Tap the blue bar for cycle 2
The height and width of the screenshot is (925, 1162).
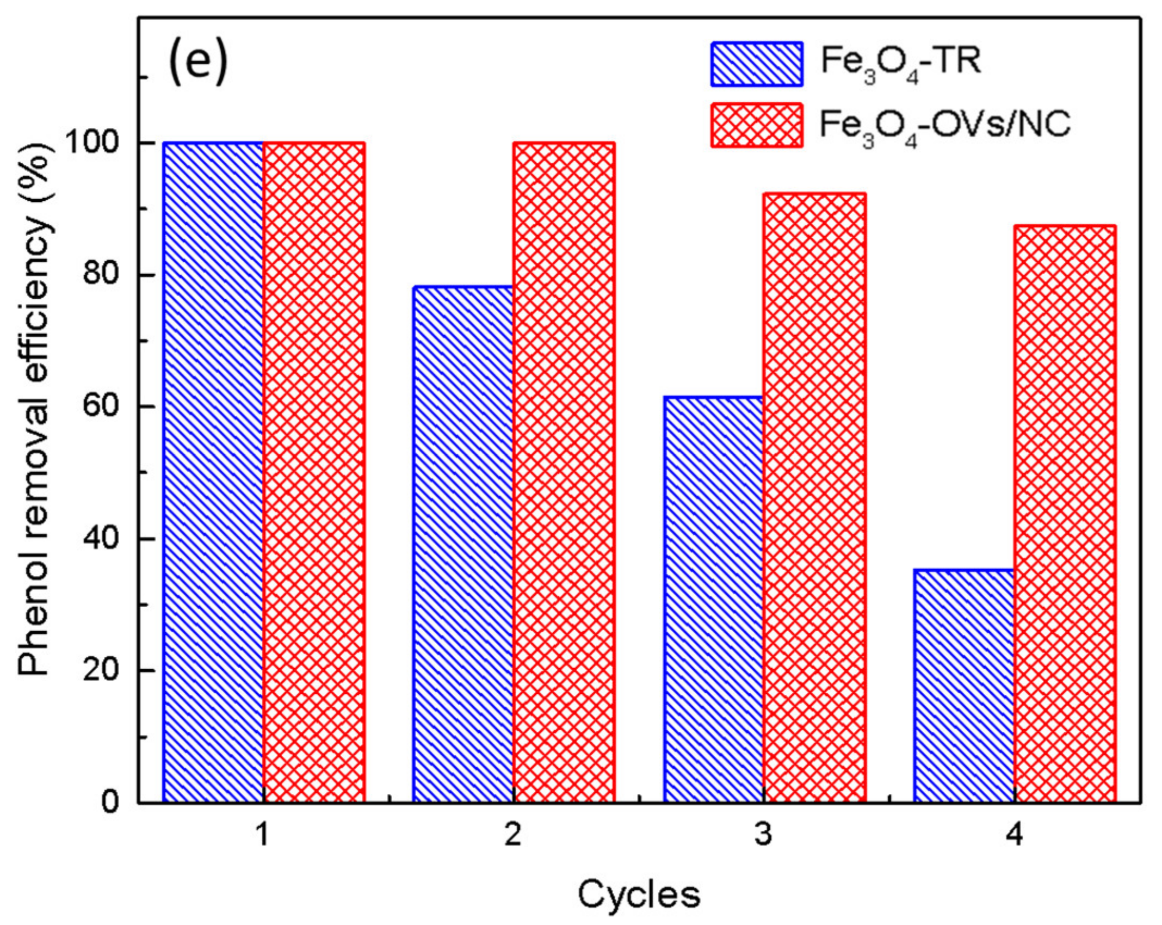(463, 544)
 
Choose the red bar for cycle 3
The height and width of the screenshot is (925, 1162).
(814, 498)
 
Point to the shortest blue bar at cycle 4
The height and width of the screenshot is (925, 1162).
(964, 686)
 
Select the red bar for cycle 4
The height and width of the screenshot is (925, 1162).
(1065, 514)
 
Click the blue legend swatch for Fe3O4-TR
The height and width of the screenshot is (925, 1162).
(756, 64)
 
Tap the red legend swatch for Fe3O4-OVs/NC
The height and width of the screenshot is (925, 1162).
(756, 125)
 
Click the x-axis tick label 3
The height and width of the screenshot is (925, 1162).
(763, 834)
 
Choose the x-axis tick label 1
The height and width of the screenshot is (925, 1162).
(263, 834)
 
